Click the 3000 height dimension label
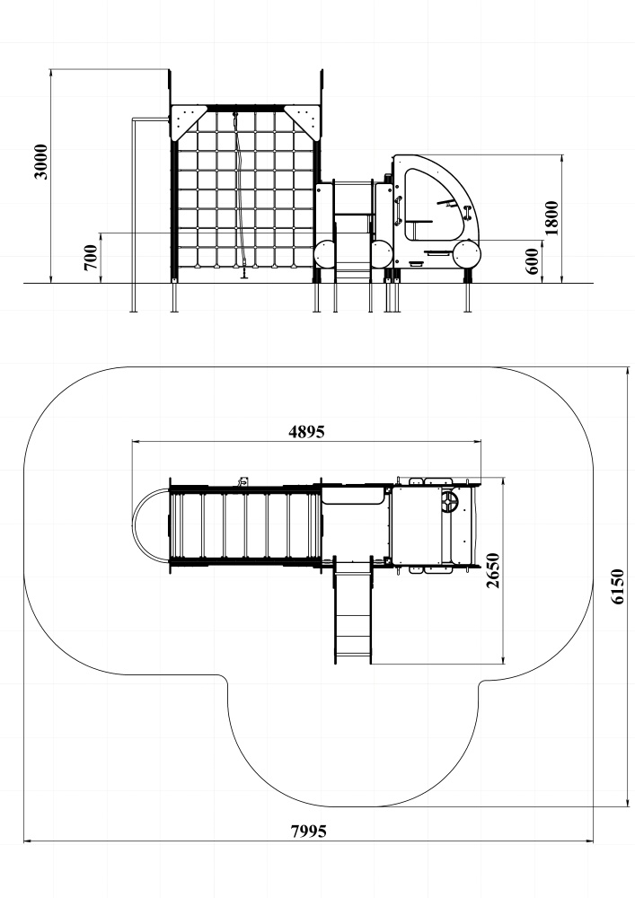click(x=41, y=162)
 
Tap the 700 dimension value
click(x=91, y=258)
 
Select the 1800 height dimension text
click(x=551, y=217)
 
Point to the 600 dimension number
click(x=533, y=261)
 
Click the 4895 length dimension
click(x=306, y=431)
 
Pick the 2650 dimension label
click(x=492, y=570)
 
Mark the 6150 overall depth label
click(x=617, y=586)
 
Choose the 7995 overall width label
click(x=309, y=831)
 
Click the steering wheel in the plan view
click(x=449, y=503)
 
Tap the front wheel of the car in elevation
click(x=467, y=255)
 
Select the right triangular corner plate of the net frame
click(x=301, y=122)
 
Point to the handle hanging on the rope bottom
click(x=245, y=273)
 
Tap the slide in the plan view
click(x=353, y=612)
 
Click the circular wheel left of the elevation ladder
click(x=325, y=254)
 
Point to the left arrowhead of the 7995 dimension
click(x=27, y=841)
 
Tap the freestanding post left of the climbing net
click(x=134, y=215)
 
